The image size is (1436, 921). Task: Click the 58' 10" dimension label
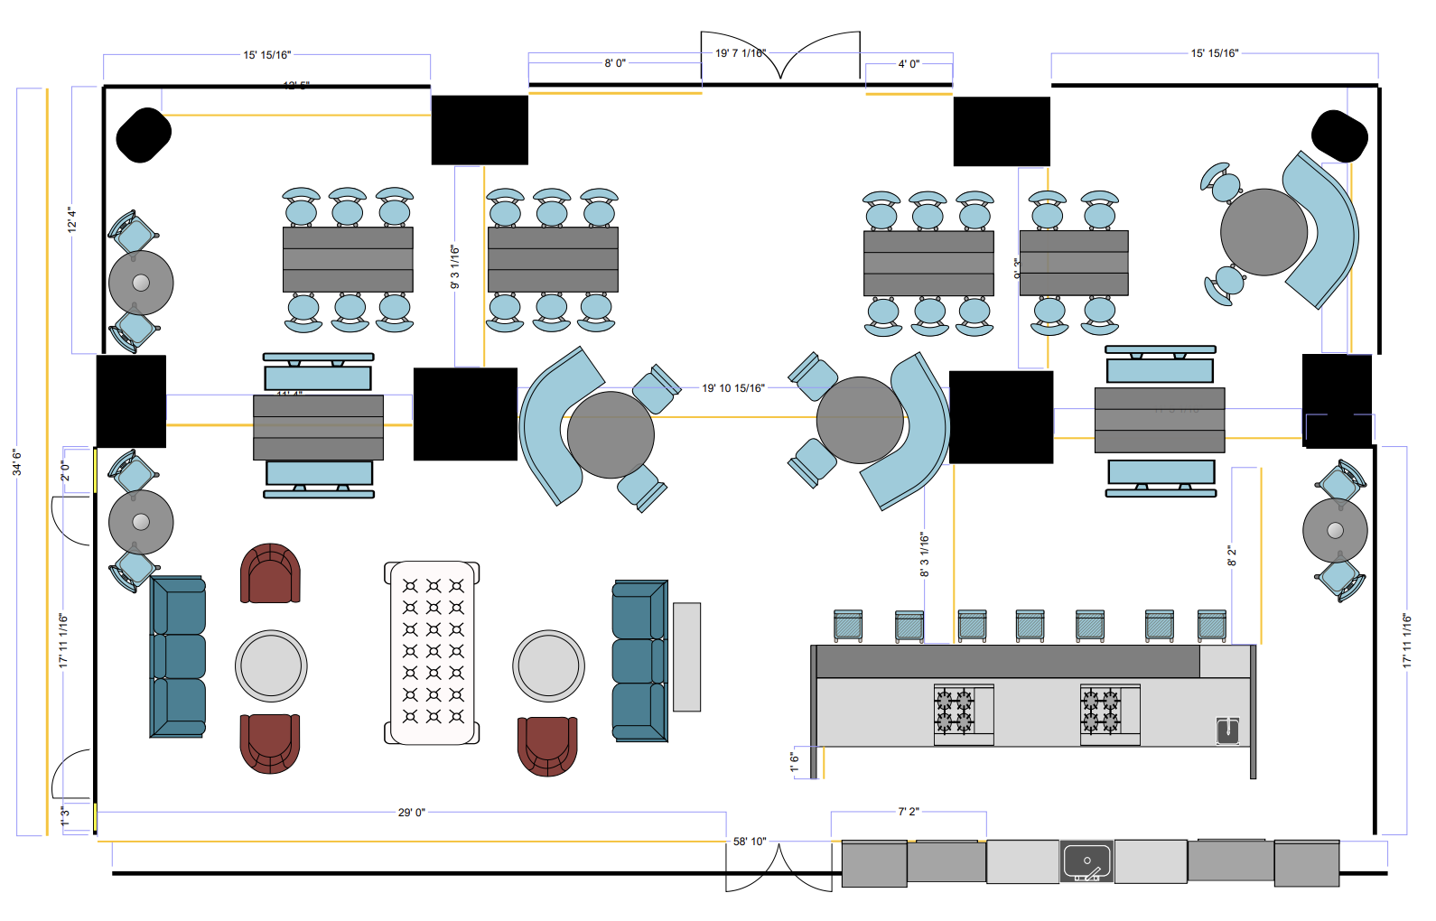tap(749, 842)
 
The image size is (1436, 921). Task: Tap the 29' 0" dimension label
tap(411, 813)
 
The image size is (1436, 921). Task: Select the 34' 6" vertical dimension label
tap(17, 462)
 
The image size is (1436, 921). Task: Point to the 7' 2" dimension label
tap(908, 812)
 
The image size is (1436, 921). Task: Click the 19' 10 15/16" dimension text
tap(732, 388)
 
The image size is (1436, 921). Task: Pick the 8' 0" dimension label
tap(614, 63)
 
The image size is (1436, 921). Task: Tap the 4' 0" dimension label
tap(908, 64)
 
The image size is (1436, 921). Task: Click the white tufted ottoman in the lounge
tap(433, 653)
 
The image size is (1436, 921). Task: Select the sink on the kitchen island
tap(1227, 730)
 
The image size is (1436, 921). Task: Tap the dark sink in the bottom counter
tap(1086, 862)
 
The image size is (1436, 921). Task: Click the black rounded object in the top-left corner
tap(144, 135)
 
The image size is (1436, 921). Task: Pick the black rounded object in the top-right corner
tap(1339, 135)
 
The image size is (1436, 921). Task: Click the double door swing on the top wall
tap(780, 57)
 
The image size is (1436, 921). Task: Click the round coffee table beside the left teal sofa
tap(271, 665)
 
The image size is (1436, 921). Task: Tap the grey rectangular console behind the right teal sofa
tap(686, 656)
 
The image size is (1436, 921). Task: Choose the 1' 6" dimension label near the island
tap(795, 763)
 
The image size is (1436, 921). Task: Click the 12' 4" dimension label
tap(71, 219)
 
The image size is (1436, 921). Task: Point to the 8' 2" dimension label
tap(1231, 555)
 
